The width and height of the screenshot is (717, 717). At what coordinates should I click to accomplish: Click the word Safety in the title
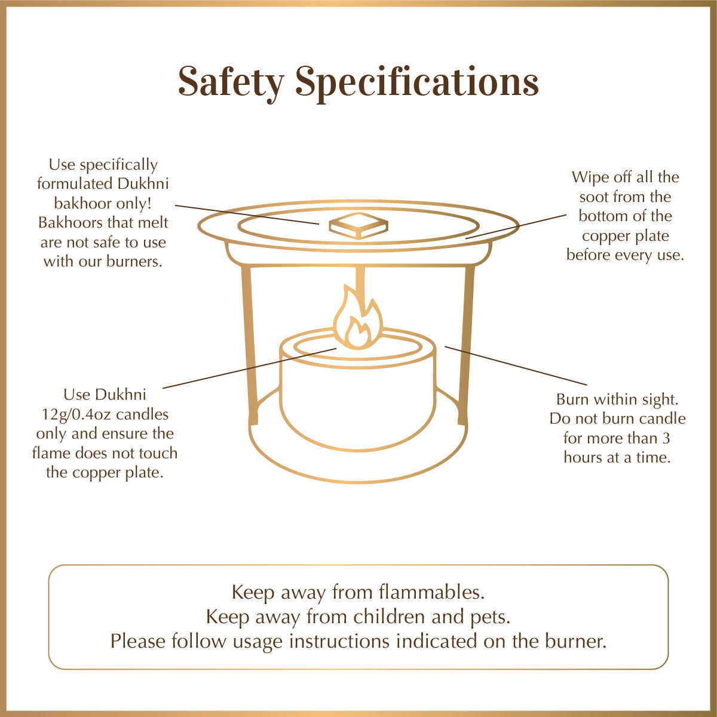[x=231, y=82]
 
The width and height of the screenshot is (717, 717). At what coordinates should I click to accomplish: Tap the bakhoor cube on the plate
[x=358, y=226]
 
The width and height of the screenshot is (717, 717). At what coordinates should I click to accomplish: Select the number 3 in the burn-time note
[x=666, y=438]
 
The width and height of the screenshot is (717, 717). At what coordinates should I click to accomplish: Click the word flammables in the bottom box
[x=432, y=592]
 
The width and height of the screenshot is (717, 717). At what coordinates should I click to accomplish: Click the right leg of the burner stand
[x=465, y=345]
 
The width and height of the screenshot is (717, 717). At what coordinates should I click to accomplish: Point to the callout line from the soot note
[x=516, y=226]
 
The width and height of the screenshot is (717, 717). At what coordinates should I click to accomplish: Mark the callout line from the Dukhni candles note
[x=250, y=368]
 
